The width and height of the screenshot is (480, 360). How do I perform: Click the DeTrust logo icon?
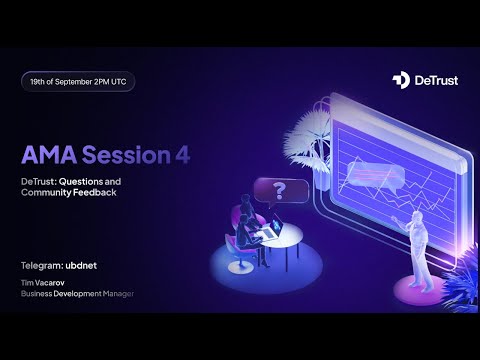coord(400,79)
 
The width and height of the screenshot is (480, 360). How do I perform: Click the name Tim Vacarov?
coord(44,282)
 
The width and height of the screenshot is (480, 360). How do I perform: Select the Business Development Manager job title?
coord(76,293)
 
